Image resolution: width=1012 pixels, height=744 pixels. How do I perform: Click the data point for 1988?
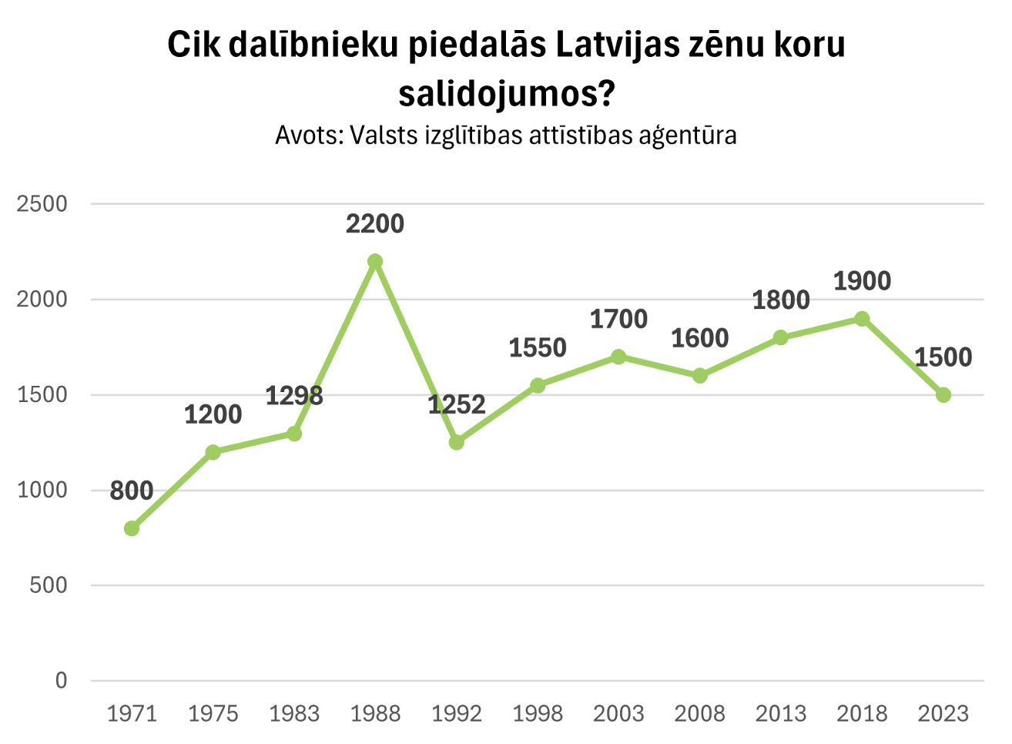pyautogui.click(x=375, y=261)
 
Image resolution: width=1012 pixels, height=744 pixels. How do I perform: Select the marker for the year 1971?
pyautogui.click(x=132, y=528)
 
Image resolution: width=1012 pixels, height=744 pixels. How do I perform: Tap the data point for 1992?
pyautogui.click(x=457, y=442)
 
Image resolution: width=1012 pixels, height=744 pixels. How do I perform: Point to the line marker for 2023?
pyautogui.click(x=943, y=395)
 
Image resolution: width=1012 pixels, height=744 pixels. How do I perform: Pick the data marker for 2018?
pyautogui.click(x=863, y=319)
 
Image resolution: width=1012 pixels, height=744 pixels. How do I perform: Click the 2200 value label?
pyautogui.click(x=375, y=224)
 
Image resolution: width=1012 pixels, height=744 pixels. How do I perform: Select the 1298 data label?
pyautogui.click(x=294, y=396)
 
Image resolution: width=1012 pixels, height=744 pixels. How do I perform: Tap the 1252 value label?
pyautogui.click(x=457, y=405)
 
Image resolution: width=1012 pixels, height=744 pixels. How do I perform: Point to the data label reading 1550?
pyautogui.click(x=538, y=348)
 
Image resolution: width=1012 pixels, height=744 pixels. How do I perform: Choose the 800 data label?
pyautogui.click(x=132, y=491)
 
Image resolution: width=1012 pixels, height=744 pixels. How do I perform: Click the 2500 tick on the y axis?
pyautogui.click(x=42, y=204)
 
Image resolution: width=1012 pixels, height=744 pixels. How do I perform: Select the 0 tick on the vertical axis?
pyautogui.click(x=61, y=681)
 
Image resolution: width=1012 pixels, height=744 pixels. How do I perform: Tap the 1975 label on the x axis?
pyautogui.click(x=213, y=714)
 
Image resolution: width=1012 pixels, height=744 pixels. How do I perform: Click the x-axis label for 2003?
pyautogui.click(x=618, y=714)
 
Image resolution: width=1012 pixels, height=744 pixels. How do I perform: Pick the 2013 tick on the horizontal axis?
pyautogui.click(x=781, y=714)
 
